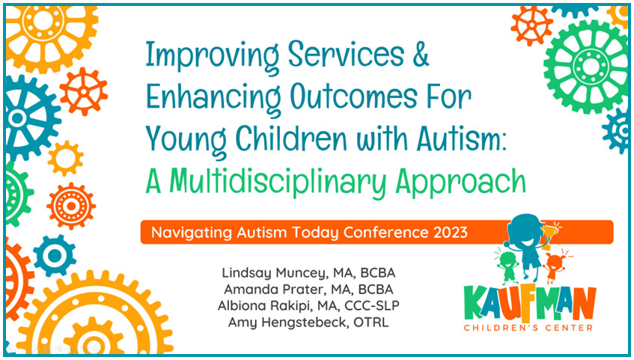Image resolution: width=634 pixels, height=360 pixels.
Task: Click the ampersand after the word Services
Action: coord(421,54)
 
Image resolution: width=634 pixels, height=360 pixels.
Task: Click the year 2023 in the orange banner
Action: coord(451,233)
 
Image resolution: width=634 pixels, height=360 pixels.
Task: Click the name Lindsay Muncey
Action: coord(274,273)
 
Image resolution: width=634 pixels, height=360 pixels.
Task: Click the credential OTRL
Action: coord(371,322)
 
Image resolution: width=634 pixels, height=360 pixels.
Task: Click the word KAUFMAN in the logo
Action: coord(530,303)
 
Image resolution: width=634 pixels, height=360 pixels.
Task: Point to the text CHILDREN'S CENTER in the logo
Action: coord(528,328)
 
